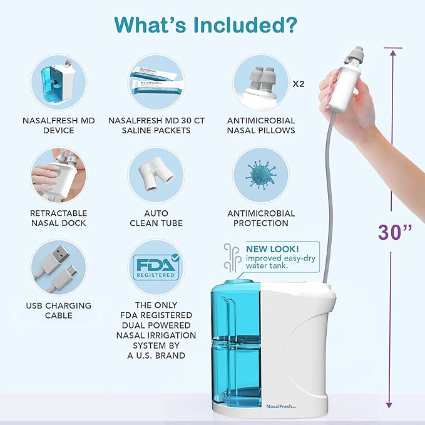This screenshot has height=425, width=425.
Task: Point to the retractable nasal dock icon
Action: tap(58, 174)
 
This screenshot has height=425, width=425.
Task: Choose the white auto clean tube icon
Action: tap(156, 174)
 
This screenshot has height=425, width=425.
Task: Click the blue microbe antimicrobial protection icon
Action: tap(260, 174)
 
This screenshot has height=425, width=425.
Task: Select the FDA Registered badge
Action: tap(156, 268)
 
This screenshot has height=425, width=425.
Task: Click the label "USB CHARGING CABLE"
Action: tap(58, 310)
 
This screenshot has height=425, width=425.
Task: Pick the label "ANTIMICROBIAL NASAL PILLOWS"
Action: tap(260, 125)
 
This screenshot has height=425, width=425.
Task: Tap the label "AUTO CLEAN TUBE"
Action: tap(156, 218)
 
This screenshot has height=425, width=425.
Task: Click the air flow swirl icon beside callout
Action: tap(232, 257)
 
